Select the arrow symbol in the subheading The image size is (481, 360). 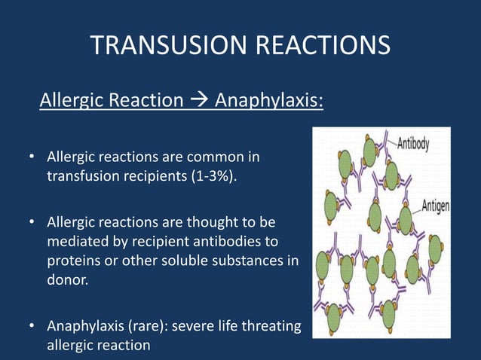199,100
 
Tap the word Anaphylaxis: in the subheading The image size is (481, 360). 269,100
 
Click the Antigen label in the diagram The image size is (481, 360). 436,205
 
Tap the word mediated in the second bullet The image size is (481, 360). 74,242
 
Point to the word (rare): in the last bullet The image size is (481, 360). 150,326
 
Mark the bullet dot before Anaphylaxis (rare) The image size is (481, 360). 32,326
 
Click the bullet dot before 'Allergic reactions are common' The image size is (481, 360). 32,158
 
